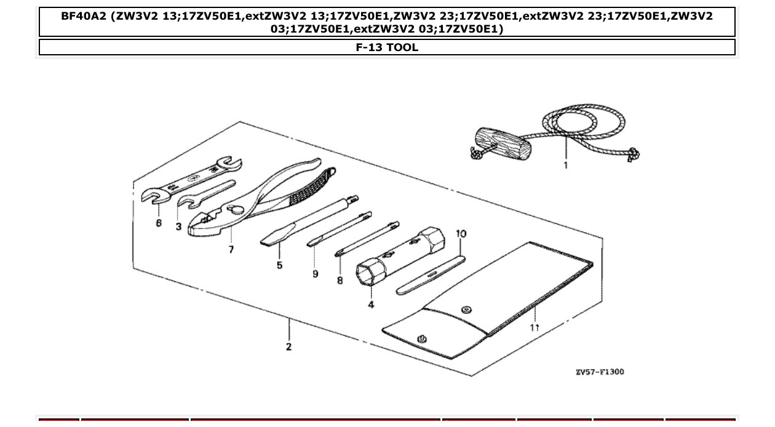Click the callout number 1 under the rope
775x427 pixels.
pyautogui.click(x=566, y=164)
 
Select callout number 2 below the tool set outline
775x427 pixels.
pyautogui.click(x=288, y=347)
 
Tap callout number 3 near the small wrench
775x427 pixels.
pyautogui.click(x=178, y=226)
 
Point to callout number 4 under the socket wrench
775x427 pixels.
pyautogui.click(x=371, y=305)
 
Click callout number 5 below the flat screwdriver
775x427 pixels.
pyautogui.click(x=279, y=265)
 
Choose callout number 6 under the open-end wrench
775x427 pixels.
pyautogui.click(x=159, y=223)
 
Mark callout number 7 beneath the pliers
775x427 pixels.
pyautogui.click(x=231, y=250)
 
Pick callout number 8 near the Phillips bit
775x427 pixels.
pyautogui.click(x=340, y=281)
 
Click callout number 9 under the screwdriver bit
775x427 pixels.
pyautogui.click(x=316, y=274)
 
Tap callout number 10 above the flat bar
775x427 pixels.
pyautogui.click(x=461, y=234)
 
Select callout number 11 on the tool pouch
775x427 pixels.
pyautogui.click(x=535, y=327)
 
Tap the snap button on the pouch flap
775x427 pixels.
pyautogui.click(x=466, y=309)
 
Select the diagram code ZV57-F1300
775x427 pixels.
pyautogui.click(x=599, y=372)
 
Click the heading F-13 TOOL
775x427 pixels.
pyautogui.click(x=387, y=47)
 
